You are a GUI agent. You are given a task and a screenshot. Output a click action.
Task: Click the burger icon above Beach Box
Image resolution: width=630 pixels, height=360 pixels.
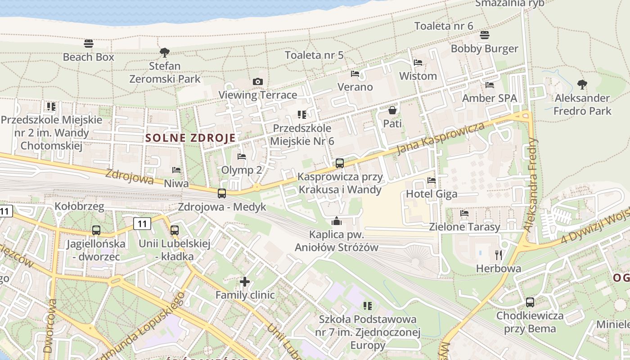[x=89, y=44]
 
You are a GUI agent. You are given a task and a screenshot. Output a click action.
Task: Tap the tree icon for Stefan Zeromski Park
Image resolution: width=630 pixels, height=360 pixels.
[x=165, y=52]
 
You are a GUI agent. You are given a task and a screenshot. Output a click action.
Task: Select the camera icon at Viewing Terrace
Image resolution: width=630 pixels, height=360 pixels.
[x=258, y=81]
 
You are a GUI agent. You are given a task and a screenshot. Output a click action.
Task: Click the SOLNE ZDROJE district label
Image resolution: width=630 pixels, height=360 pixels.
[x=191, y=138]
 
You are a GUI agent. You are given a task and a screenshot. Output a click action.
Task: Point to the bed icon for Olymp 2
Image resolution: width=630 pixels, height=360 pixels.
[x=242, y=157]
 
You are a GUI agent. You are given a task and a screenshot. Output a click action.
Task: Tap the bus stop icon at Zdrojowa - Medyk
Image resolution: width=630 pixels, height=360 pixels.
[x=222, y=193]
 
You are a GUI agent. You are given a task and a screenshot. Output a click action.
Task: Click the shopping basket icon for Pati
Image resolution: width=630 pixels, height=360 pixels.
[x=392, y=110]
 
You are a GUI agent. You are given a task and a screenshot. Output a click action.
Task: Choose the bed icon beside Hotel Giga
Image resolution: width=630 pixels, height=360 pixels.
[x=432, y=180]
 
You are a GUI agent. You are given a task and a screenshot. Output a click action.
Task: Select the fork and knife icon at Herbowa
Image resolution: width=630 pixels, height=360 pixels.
[x=499, y=255]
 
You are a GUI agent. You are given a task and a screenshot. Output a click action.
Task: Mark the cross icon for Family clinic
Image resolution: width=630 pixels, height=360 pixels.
[x=245, y=282]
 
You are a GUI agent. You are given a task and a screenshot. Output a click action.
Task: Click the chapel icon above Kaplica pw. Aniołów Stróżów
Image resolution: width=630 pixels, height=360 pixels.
[x=336, y=221]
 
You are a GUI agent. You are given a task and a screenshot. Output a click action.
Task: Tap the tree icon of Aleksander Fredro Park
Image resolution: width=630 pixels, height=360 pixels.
[x=582, y=84]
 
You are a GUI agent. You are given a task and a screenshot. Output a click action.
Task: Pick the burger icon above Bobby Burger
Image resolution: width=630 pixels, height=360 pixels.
[x=485, y=35]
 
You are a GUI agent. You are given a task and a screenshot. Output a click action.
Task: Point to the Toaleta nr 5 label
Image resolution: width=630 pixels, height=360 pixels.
[x=314, y=55]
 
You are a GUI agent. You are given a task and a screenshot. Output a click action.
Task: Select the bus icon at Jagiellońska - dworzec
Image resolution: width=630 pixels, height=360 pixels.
[x=96, y=230]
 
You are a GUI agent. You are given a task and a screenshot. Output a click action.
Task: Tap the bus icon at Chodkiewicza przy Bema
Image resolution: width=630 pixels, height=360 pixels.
[x=530, y=302]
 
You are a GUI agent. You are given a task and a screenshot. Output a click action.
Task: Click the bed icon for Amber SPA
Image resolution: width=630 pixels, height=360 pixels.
[x=490, y=85]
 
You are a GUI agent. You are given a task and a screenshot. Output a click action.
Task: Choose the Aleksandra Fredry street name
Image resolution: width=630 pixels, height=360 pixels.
[x=531, y=185]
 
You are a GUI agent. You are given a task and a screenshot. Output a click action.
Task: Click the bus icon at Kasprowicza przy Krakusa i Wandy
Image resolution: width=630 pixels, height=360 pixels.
[x=340, y=163]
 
